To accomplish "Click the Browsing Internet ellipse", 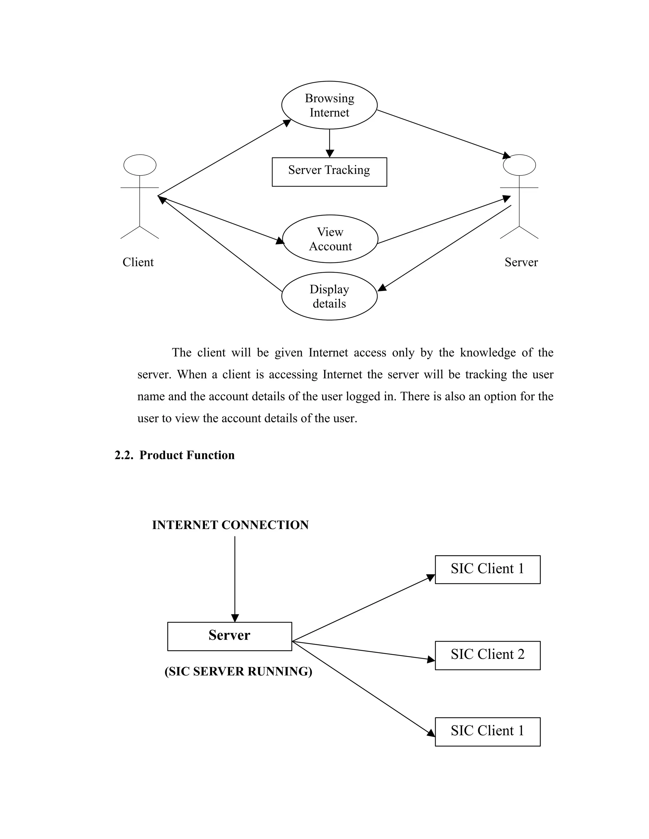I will pos(329,105).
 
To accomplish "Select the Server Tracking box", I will pos(329,172).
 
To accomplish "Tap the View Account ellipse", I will pos(330,239).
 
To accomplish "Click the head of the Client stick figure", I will pos(139,165).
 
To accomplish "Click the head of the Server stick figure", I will pos(519,165).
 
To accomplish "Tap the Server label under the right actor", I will pos(521,262).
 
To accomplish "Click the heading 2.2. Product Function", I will pos(175,455).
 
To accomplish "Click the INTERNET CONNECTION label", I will pos(230,525).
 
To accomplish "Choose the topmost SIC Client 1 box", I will pos(487,569).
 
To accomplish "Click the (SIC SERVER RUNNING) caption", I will pos(238,671).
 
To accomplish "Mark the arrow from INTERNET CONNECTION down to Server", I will pos(235,576).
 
